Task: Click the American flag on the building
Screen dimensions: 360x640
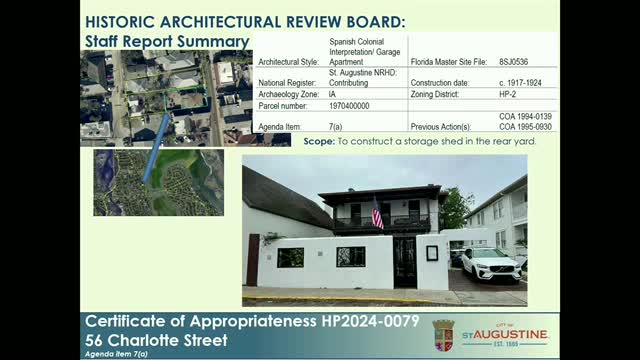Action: (377, 213)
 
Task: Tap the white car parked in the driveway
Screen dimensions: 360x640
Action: (489, 265)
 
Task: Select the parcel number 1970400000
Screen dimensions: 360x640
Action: (349, 104)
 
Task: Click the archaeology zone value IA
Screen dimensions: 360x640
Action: (332, 93)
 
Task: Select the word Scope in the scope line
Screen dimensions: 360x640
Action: (318, 142)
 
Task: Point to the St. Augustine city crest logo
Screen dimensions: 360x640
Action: (443, 334)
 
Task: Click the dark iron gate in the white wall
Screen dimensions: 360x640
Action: (404, 261)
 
